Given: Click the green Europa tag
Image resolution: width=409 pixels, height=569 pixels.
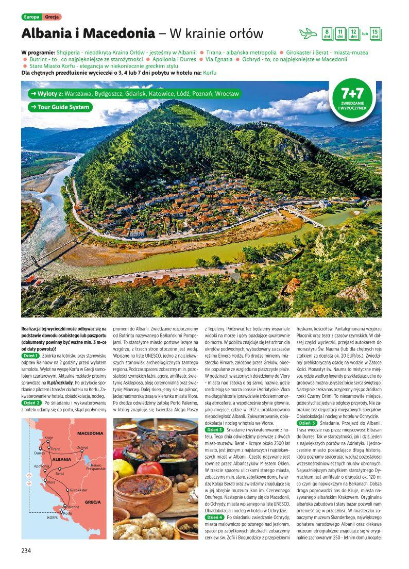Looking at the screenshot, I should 31,17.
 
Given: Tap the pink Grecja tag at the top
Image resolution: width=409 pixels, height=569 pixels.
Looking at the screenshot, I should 52,17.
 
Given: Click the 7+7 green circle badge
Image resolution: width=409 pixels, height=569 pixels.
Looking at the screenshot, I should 352,96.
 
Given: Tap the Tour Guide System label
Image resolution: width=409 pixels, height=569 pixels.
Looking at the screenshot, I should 60,107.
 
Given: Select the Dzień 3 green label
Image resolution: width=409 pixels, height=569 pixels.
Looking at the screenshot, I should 214,429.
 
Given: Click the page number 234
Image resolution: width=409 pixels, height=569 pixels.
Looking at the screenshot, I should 27,551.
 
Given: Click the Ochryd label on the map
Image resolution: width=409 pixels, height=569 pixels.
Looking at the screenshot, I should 82,447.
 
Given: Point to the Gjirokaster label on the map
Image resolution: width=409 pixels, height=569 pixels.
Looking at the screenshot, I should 78,490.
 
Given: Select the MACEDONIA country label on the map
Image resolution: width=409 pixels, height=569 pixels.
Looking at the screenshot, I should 90,433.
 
